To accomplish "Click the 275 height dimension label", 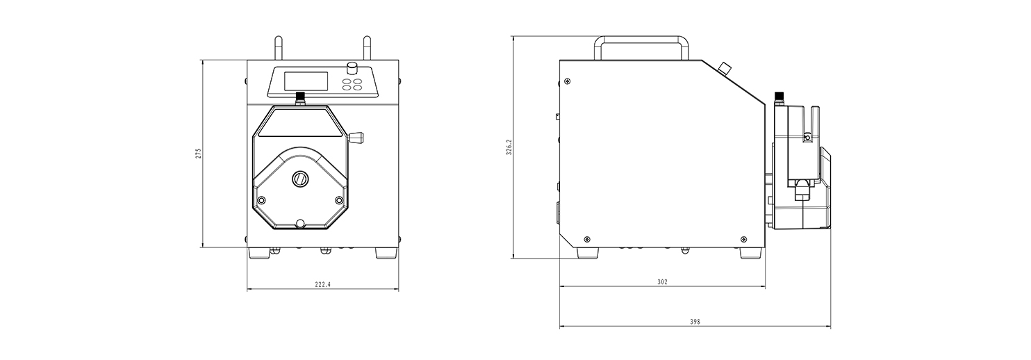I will tap(198, 154).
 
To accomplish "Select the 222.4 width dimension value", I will tap(322, 284).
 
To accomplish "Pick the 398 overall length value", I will tap(695, 322).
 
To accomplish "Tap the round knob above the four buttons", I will tap(352, 68).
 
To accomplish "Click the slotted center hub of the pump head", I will tap(301, 179).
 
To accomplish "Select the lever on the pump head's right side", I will tap(356, 137).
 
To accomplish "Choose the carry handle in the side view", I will tap(641, 45).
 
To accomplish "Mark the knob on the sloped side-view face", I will tap(725, 68).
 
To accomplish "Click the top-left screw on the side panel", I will tap(568, 83).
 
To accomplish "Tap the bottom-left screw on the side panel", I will tap(588, 239).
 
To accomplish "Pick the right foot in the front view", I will tap(387, 253).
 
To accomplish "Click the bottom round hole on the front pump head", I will tap(300, 224).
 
